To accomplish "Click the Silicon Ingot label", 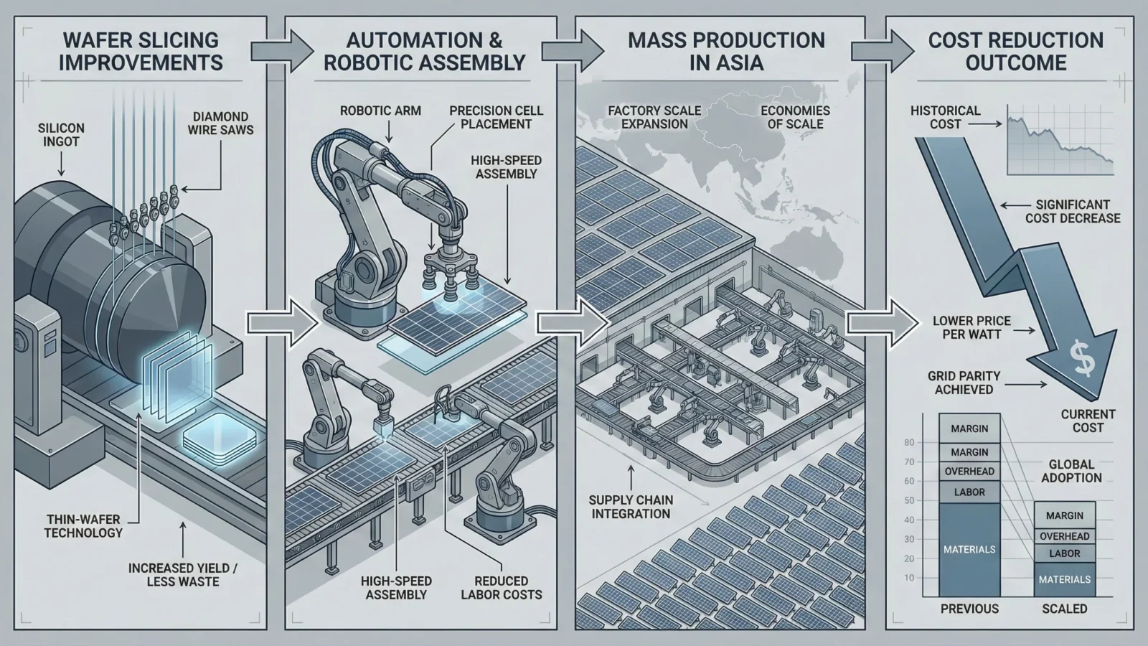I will [x=61, y=134].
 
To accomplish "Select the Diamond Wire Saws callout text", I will [x=221, y=123].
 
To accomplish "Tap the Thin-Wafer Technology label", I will [x=83, y=525].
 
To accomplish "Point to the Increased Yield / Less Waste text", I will [x=183, y=574].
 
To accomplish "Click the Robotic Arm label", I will [x=380, y=111].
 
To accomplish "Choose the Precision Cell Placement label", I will [x=497, y=117].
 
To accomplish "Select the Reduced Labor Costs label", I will [x=502, y=587].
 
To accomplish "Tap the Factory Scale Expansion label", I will [x=654, y=117].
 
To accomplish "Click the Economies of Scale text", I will [x=795, y=117].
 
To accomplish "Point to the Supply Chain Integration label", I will [x=631, y=507].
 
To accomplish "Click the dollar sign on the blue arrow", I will [x=1082, y=358].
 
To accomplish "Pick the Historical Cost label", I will [x=945, y=117].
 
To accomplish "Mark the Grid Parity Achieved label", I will [x=964, y=383].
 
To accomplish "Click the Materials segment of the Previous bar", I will [x=969, y=549].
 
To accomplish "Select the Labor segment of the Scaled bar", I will [x=1064, y=553].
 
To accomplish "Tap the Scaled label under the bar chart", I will [x=1064, y=609].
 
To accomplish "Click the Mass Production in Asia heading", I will [x=726, y=51].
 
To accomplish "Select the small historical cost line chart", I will [x=1060, y=141].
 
